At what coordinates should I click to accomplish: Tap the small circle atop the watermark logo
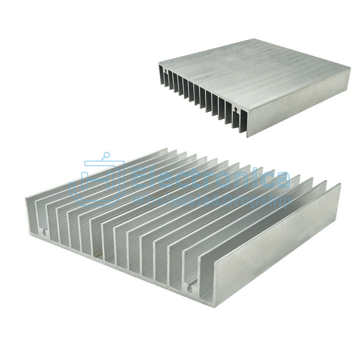coord(106,155)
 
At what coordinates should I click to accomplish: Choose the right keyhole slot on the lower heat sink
coord(190,287)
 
